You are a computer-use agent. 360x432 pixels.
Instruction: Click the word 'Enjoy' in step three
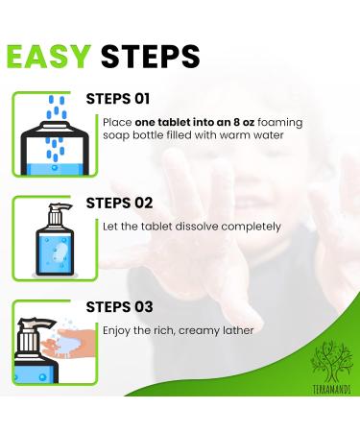(117, 330)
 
